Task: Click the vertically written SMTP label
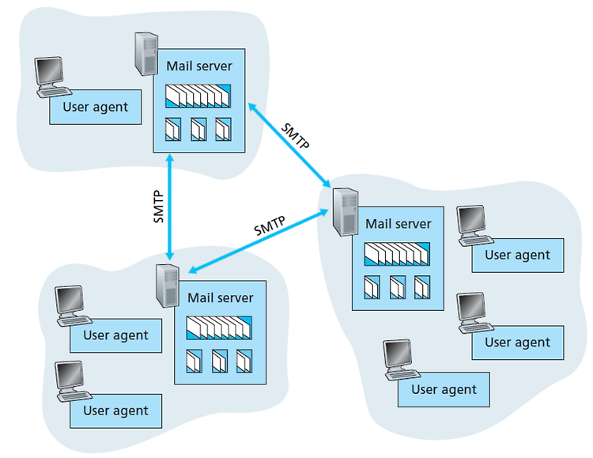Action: (158, 206)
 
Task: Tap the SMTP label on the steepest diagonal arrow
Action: (296, 136)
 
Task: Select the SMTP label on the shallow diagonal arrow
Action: (270, 225)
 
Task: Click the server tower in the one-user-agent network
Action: (146, 54)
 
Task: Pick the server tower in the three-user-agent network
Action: (346, 212)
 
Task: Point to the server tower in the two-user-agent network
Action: (168, 286)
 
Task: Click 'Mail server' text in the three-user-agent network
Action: (398, 224)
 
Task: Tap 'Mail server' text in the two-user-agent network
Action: (220, 297)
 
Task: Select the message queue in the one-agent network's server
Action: (198, 96)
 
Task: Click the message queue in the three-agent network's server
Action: (397, 254)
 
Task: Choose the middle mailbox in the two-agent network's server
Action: (220, 361)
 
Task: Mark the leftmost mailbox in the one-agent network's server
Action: (173, 129)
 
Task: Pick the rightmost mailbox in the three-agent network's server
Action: (422, 287)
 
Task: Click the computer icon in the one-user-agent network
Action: (52, 78)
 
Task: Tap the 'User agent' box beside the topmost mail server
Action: (96, 107)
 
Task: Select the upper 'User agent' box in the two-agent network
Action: (115, 335)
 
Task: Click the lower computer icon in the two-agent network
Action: (74, 381)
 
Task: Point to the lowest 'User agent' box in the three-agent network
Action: (444, 389)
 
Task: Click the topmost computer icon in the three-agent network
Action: (475, 225)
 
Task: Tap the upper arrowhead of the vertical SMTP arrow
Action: (170, 157)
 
